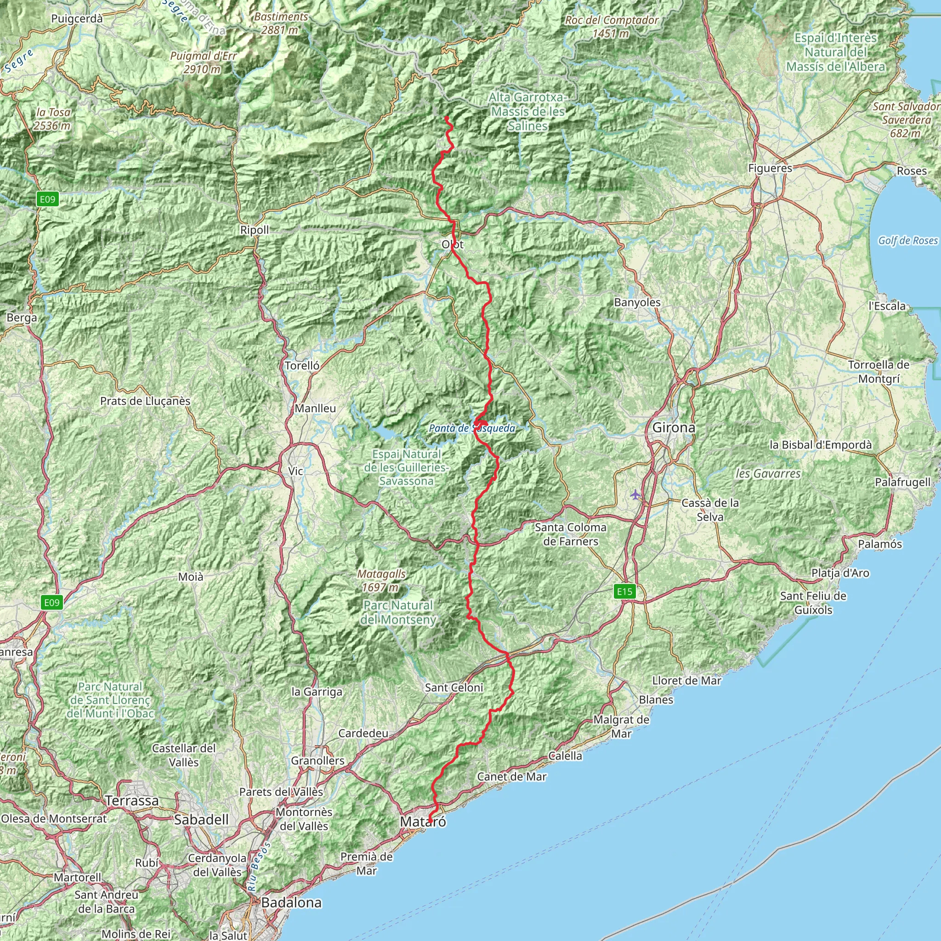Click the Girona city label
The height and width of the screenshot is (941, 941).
(x=674, y=428)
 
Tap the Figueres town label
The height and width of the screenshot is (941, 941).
(x=770, y=169)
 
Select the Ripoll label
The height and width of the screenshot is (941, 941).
(x=254, y=230)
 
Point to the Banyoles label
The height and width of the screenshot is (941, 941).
(x=637, y=302)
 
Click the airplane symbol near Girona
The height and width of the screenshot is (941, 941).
(x=635, y=495)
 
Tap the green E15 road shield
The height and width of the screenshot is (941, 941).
(x=624, y=592)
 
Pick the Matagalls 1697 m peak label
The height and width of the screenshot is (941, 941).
(x=381, y=581)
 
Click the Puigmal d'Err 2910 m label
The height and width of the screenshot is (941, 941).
(x=203, y=62)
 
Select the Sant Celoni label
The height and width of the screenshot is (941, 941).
(x=454, y=687)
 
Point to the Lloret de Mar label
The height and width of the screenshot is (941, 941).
(x=687, y=680)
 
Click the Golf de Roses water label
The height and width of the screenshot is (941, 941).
(x=908, y=240)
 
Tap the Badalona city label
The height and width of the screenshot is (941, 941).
(x=291, y=902)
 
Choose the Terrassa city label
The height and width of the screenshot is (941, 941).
(x=132, y=800)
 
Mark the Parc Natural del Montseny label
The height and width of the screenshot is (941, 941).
(x=398, y=612)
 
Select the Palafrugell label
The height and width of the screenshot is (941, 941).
(x=902, y=482)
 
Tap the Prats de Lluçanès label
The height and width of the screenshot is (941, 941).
(x=145, y=401)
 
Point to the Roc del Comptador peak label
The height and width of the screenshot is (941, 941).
(x=611, y=27)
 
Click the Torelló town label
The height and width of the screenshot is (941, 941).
(x=302, y=365)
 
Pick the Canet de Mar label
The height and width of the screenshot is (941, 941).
(x=511, y=777)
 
